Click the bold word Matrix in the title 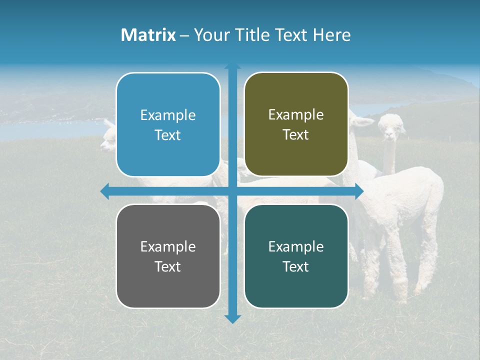(x=148, y=35)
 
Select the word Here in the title (x=332, y=35)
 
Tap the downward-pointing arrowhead (x=232, y=318)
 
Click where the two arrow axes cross (x=232, y=191)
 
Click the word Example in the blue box (x=168, y=115)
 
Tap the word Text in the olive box (x=296, y=135)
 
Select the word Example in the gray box (x=168, y=247)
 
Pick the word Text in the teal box (x=296, y=267)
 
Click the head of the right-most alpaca (x=391, y=127)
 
